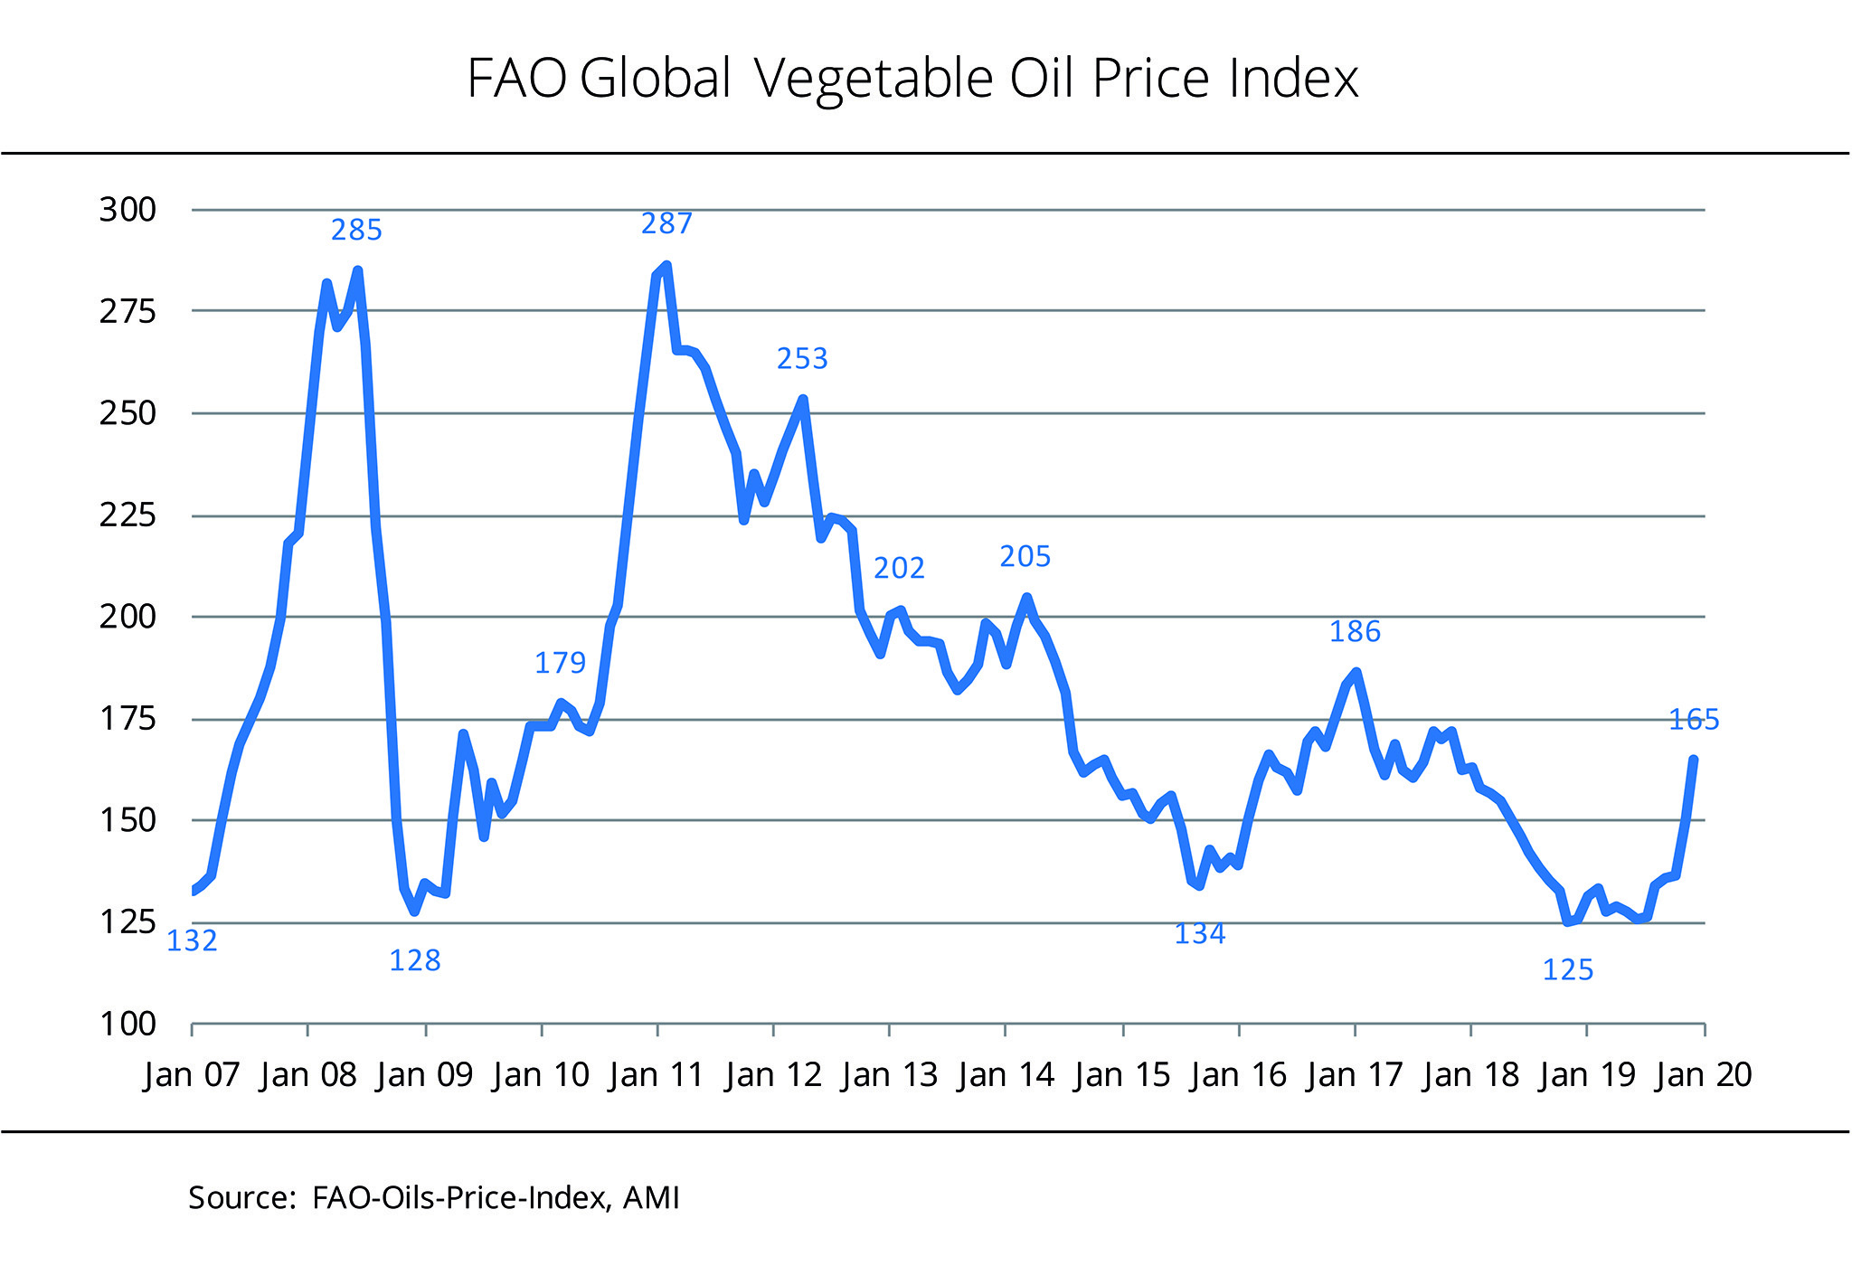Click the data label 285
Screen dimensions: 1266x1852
(356, 231)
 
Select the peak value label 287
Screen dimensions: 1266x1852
(666, 223)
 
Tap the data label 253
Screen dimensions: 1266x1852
(802, 359)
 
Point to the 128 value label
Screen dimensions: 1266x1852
(415, 960)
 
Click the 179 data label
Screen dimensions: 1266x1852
(560, 663)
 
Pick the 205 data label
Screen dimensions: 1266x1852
(1025, 557)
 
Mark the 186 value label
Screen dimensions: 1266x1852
(1355, 631)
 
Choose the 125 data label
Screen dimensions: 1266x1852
(1567, 970)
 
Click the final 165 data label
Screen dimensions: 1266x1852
(1694, 720)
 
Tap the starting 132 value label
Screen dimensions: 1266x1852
(192, 941)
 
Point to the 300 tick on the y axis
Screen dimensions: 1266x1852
(128, 210)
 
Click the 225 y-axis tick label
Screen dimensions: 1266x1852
(128, 515)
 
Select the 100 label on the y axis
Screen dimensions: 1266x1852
(128, 1025)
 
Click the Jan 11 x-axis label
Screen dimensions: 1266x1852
(657, 1074)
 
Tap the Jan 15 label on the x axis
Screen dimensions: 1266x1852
(1122, 1074)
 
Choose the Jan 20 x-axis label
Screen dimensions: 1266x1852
(1704, 1074)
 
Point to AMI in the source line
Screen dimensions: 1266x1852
(651, 1197)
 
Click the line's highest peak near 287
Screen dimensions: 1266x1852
(666, 266)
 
